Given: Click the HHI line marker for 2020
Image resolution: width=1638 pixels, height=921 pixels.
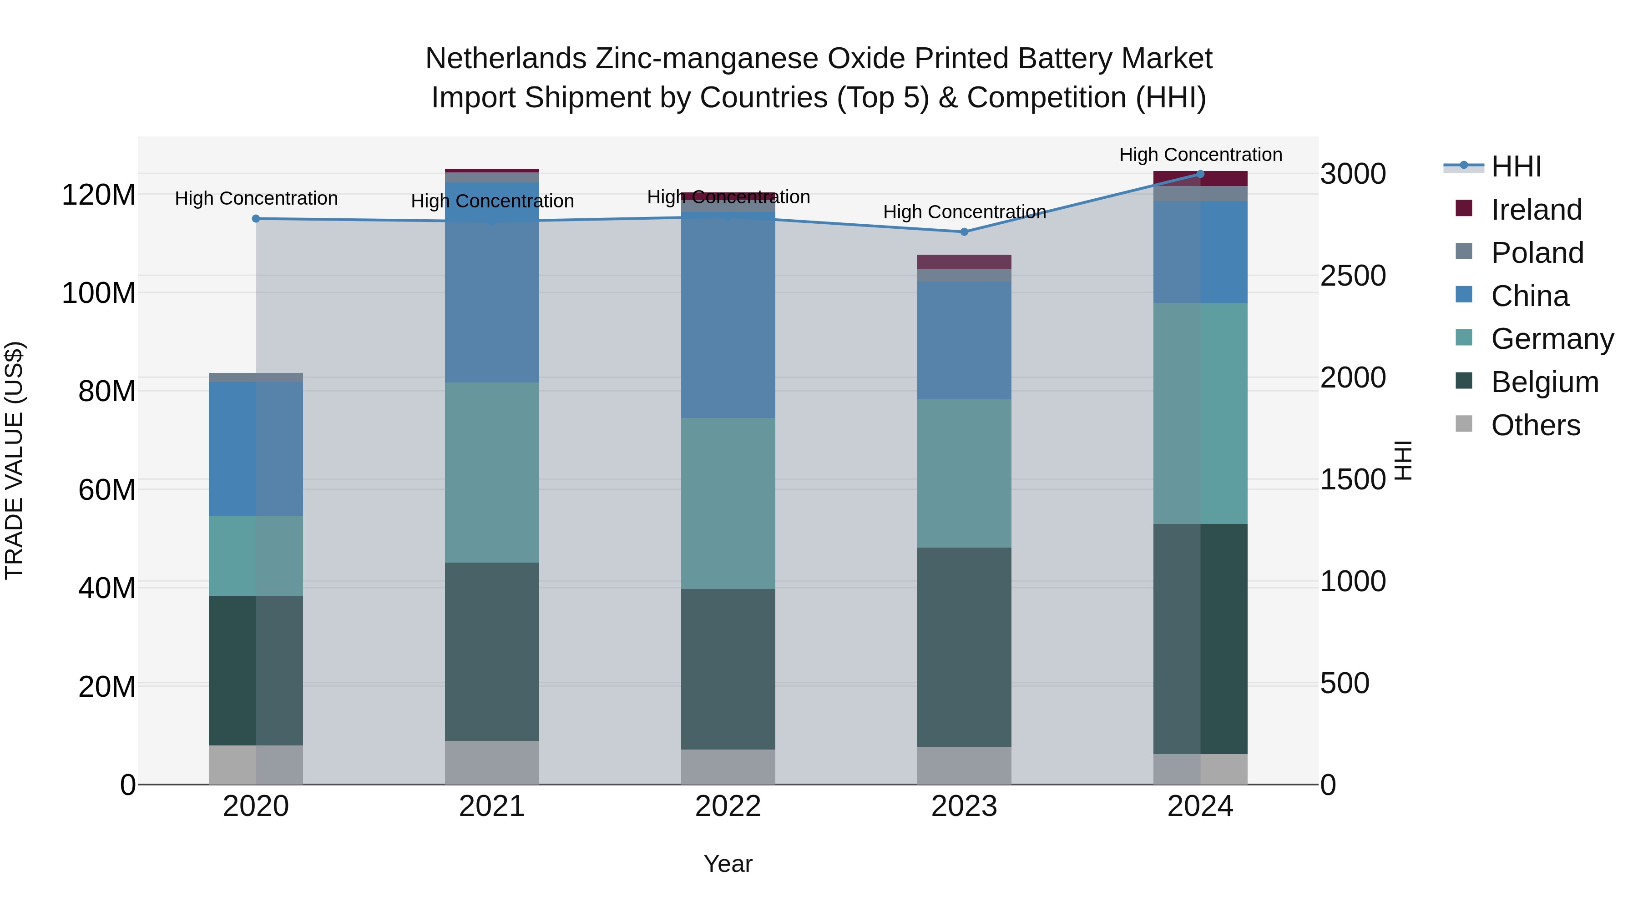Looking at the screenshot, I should pyautogui.click(x=256, y=219).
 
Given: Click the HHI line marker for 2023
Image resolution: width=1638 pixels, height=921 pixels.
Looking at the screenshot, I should pyautogui.click(x=964, y=232).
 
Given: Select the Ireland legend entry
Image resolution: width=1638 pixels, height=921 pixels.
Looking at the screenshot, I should pyautogui.click(x=1536, y=210).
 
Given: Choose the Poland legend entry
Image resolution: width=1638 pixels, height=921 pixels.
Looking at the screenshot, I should pyautogui.click(x=1537, y=253).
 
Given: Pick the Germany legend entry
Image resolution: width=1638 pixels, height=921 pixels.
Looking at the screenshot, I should pyautogui.click(x=1552, y=339).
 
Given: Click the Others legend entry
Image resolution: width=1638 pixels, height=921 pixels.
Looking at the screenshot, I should pyautogui.click(x=1535, y=425).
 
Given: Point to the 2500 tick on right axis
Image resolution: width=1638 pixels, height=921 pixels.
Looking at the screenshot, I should pyautogui.click(x=1353, y=276).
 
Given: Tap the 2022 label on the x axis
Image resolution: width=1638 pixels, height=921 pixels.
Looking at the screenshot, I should pyautogui.click(x=728, y=806).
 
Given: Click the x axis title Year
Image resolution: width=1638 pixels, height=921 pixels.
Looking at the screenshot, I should pyautogui.click(x=728, y=864).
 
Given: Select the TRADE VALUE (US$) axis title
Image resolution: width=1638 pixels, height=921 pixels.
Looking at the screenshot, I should pyautogui.click(x=14, y=460).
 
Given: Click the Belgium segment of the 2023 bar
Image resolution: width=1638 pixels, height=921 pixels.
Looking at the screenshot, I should pyautogui.click(x=964, y=647).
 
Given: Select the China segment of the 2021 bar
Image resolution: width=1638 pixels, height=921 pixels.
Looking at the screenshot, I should pyautogui.click(x=492, y=283).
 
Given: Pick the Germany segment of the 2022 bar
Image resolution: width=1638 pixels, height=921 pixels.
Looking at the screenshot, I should pyautogui.click(x=728, y=503).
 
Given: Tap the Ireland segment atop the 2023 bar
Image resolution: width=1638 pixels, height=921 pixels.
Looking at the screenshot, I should pyautogui.click(x=964, y=262).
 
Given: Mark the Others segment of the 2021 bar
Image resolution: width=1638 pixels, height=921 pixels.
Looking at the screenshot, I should pyautogui.click(x=492, y=762).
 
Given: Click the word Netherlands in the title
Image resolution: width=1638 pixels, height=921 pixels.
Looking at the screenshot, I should pyautogui.click(x=506, y=59).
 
